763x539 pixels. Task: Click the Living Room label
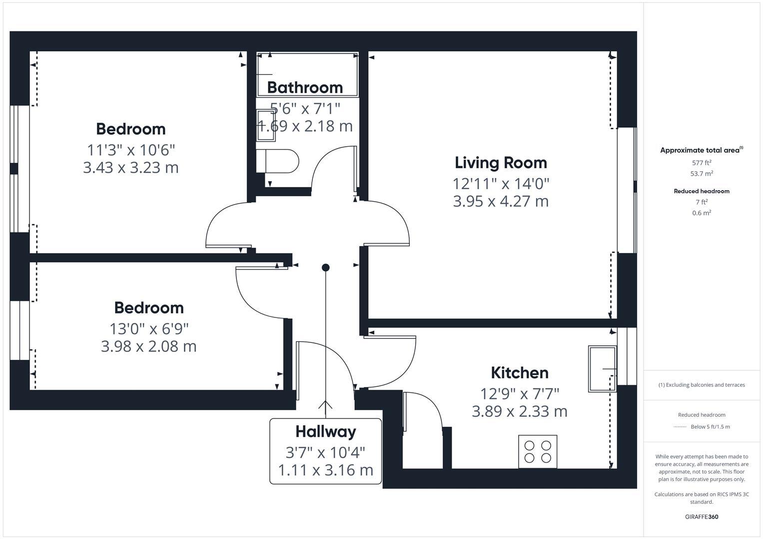(501, 163)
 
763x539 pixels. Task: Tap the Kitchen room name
(519, 373)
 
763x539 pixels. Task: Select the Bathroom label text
(305, 87)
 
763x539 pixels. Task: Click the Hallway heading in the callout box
(325, 432)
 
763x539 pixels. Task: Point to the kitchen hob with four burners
(538, 451)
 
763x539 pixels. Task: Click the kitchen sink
(602, 369)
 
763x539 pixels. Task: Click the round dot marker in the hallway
(325, 268)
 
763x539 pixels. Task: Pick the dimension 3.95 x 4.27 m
(501, 202)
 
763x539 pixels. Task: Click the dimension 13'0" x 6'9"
(149, 329)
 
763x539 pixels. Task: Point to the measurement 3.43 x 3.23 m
(130, 168)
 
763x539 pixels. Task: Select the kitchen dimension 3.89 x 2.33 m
(519, 412)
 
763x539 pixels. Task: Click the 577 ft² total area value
(701, 163)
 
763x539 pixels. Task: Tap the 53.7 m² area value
(701, 174)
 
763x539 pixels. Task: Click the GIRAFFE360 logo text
(701, 517)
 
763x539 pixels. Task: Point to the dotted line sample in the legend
(680, 427)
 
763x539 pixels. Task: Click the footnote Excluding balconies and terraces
(701, 385)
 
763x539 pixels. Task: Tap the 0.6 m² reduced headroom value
(701, 213)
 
